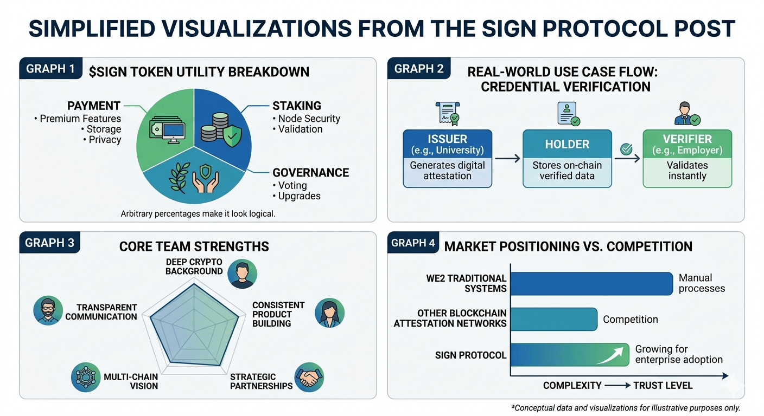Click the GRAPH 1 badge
(50, 70)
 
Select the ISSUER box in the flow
(448, 158)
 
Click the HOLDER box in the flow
(567, 158)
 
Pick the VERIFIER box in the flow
(687, 158)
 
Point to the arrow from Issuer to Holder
(507, 159)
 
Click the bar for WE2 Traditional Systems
(591, 283)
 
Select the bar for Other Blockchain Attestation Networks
(554, 320)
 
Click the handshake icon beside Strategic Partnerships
(309, 377)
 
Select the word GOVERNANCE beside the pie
(310, 173)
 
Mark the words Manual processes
(702, 283)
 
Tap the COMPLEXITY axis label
(572, 386)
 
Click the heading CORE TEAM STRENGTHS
(194, 247)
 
